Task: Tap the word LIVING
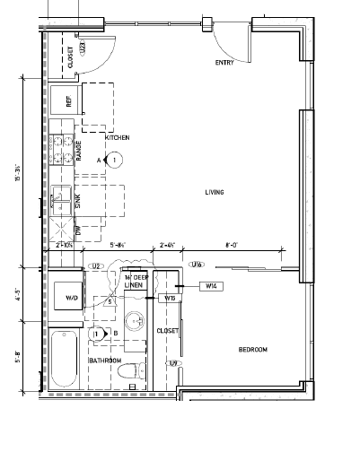(214, 192)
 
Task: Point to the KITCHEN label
(118, 137)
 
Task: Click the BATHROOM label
(104, 360)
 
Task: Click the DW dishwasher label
(79, 230)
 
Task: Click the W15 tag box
(170, 297)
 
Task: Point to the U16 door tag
(197, 265)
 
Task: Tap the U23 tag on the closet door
(82, 48)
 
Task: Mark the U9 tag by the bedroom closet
(173, 362)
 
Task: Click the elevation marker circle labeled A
(115, 160)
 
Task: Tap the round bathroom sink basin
(136, 319)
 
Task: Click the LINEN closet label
(135, 286)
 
